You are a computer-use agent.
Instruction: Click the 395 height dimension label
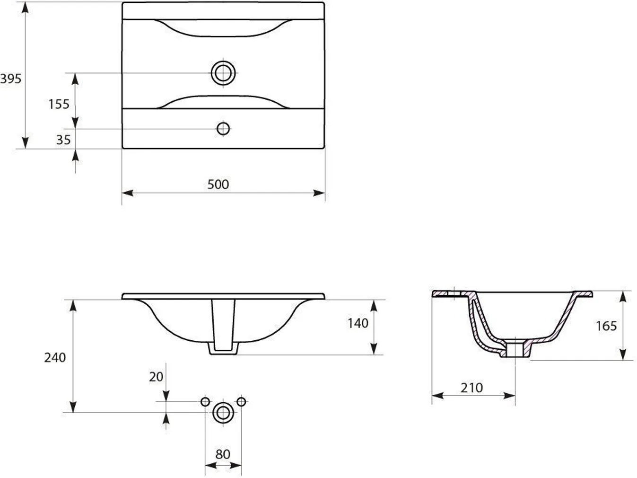coord(11,79)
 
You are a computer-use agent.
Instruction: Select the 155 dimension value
coord(59,104)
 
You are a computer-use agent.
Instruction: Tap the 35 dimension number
coord(63,140)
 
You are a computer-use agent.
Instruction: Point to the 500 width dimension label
coord(218,185)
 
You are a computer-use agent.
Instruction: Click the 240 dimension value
coord(55,357)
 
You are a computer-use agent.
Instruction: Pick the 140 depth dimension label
coord(358,323)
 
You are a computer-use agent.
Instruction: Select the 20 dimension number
coord(156,377)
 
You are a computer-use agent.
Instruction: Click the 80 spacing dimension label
coord(223,454)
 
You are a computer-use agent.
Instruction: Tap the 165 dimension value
coord(606,326)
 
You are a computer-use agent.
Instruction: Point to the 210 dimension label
coord(471,388)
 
